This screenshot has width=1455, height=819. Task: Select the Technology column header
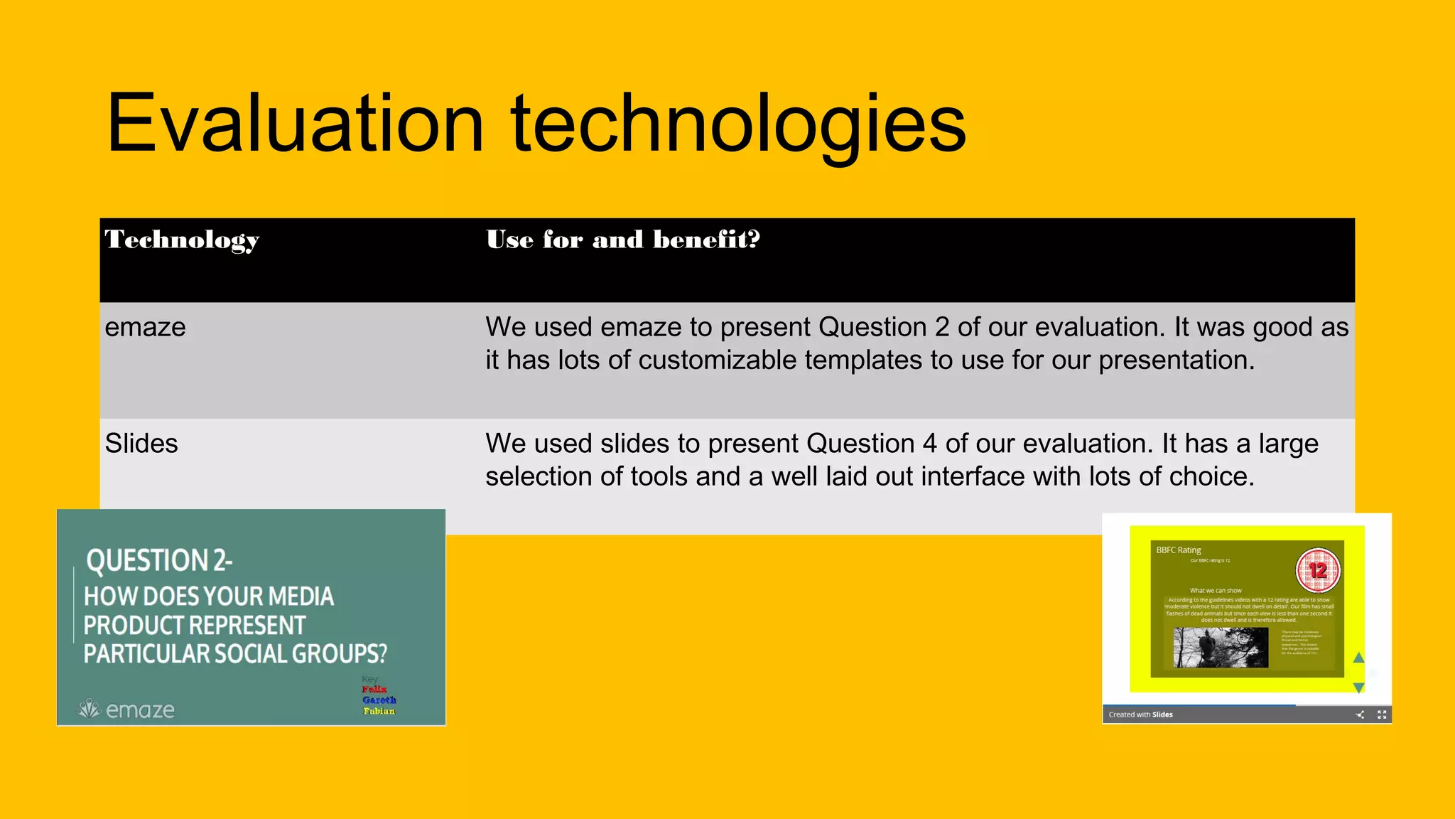(182, 240)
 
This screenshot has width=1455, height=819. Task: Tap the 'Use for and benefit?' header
(622, 240)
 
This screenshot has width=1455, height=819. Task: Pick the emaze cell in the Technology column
(145, 328)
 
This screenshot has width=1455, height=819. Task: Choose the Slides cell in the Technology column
(141, 444)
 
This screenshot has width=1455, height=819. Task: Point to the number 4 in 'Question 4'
(929, 444)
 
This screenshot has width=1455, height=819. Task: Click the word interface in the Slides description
(973, 476)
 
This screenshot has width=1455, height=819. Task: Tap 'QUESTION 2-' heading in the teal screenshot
(159, 561)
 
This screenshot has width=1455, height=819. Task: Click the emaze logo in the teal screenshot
(126, 709)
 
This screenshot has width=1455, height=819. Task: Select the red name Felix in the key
(374, 689)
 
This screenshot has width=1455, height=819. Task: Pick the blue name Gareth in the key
(379, 700)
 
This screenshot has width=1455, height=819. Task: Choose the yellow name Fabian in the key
(379, 710)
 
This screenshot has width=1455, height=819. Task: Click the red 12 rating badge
(1318, 570)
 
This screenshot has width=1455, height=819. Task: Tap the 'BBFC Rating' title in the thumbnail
(1178, 550)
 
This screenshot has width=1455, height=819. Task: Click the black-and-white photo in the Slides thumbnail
(1220, 647)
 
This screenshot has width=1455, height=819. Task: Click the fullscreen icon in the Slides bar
(1382, 714)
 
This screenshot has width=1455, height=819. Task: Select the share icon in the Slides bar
(1360, 714)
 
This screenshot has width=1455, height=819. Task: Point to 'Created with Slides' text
(1140, 714)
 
